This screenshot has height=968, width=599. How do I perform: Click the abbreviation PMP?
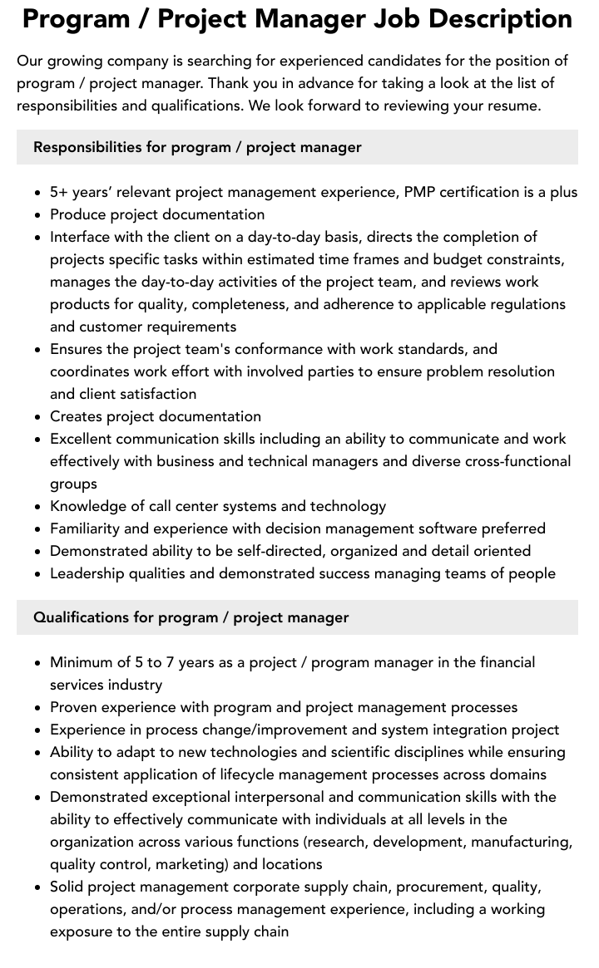(x=419, y=192)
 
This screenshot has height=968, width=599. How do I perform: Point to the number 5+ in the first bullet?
(x=59, y=192)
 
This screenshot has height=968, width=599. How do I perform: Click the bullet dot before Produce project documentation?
(x=38, y=215)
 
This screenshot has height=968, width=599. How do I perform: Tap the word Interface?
(x=81, y=237)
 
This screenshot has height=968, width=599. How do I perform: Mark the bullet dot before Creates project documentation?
(x=38, y=417)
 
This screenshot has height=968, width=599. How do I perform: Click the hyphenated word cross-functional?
(x=518, y=461)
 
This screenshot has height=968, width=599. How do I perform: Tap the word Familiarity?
(x=86, y=528)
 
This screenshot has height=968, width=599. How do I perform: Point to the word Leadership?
(x=87, y=573)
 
